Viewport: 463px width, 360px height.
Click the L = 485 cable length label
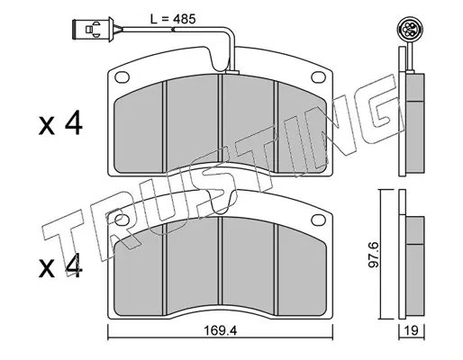[173, 19]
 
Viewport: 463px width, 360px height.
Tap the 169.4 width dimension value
[221, 331]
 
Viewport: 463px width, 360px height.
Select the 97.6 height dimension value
[375, 255]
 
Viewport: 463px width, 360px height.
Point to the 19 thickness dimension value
[412, 331]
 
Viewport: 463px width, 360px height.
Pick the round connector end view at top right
[408, 29]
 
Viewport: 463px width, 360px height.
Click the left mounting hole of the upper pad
[122, 77]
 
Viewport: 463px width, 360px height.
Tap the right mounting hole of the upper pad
[319, 77]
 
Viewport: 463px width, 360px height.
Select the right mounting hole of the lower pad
[319, 220]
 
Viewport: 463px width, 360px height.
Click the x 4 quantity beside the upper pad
[60, 122]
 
